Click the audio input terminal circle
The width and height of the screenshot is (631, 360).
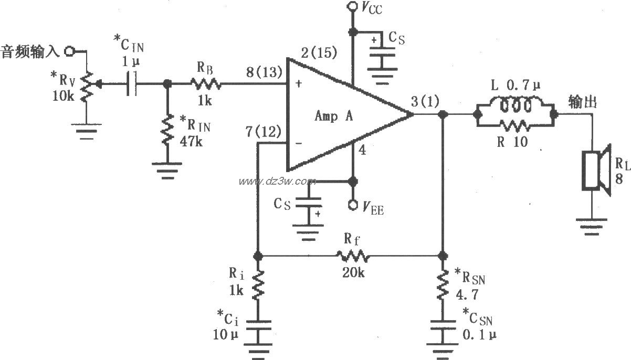tap(69, 51)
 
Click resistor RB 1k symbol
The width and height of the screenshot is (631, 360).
tap(205, 83)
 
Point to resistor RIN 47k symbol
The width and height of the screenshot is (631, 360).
tap(167, 131)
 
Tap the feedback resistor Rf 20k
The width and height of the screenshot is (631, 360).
tap(353, 257)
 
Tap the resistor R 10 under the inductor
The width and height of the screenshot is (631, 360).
tap(515, 125)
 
